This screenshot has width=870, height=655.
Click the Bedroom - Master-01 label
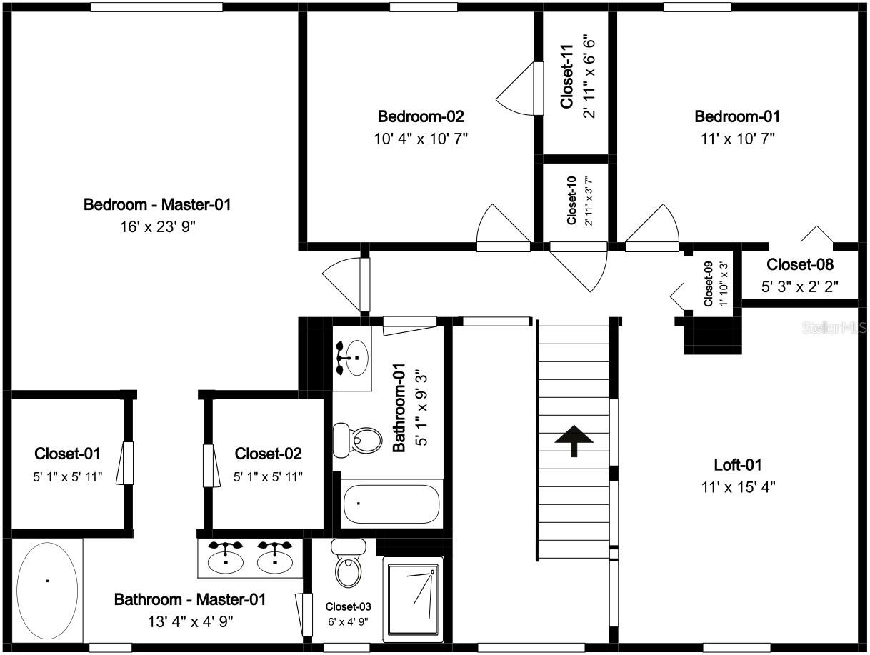coord(157,204)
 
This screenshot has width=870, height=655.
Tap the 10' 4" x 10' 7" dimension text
coord(421,139)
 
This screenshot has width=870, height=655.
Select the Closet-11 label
coord(567,76)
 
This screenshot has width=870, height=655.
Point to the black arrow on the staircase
coord(574,441)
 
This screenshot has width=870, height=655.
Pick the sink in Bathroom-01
coord(352,357)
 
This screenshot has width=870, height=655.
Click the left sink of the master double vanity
coord(226,558)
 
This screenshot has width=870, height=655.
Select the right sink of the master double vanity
coord(275,558)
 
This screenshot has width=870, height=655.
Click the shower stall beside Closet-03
coord(413,599)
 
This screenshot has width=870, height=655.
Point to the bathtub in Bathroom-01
coord(391,504)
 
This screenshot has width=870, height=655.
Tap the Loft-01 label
coord(738,465)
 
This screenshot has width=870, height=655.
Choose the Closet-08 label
coord(800,264)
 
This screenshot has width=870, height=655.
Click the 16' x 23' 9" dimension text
coord(158,227)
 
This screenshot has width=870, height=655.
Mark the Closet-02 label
coord(268,454)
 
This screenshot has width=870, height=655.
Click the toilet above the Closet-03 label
coord(349,563)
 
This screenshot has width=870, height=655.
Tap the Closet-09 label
coord(709,284)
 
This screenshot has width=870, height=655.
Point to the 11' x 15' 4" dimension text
coord(738,487)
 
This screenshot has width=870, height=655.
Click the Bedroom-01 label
coord(737,116)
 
